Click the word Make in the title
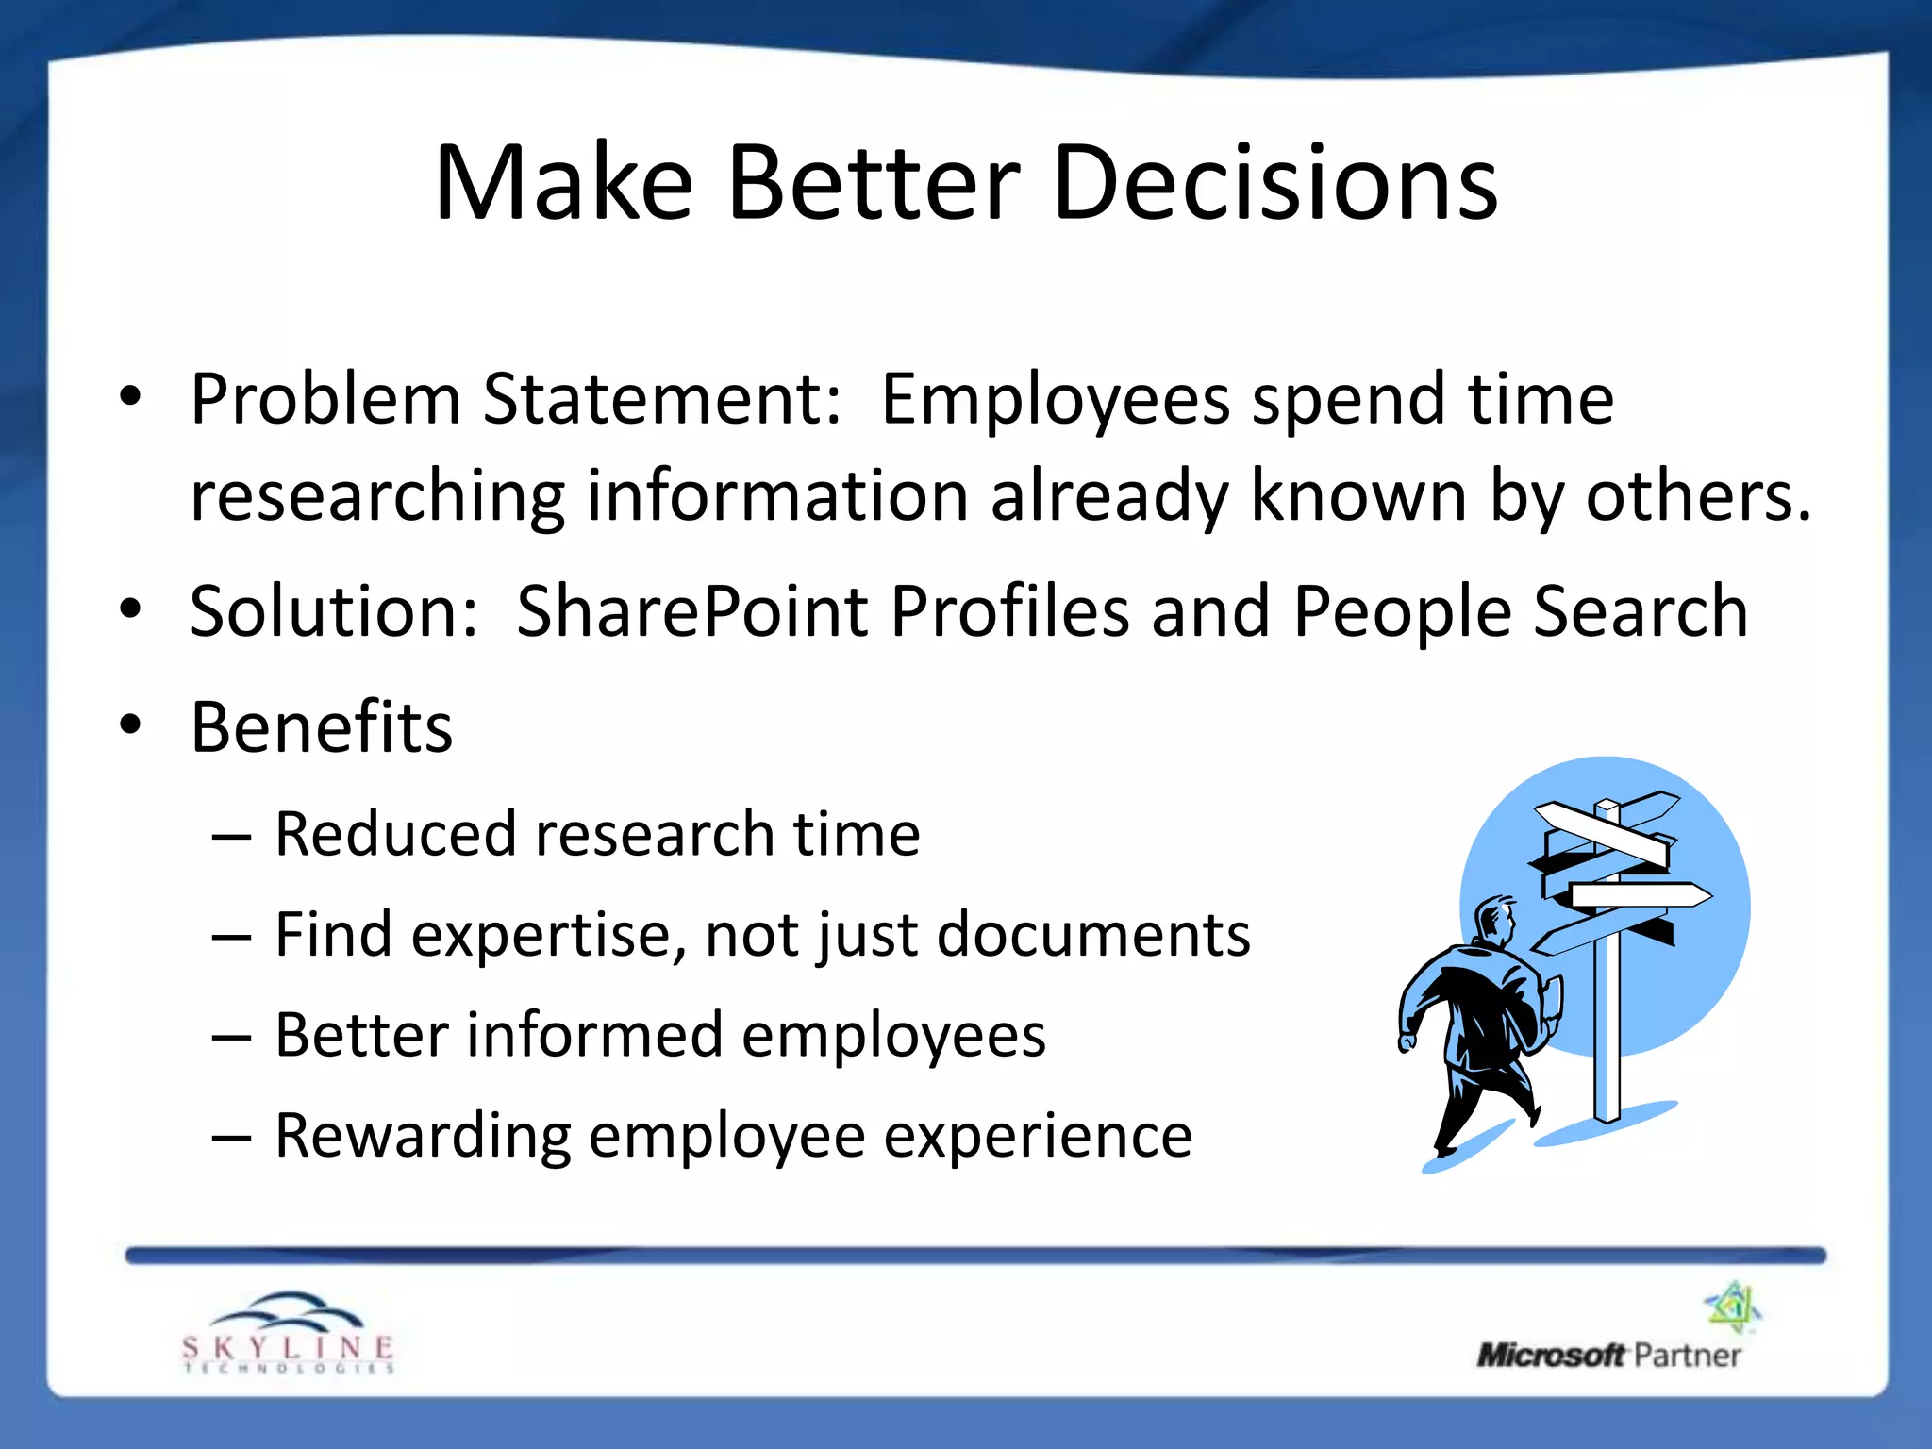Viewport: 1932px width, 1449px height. [563, 184]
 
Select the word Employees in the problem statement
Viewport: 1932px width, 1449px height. [1055, 399]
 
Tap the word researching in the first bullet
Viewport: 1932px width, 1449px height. [377, 497]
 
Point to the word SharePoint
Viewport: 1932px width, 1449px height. [691, 612]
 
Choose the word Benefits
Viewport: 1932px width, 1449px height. [322, 728]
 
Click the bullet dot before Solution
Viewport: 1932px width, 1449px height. [131, 609]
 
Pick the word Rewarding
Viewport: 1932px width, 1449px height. [422, 1136]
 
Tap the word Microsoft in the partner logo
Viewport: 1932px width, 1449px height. [1550, 1356]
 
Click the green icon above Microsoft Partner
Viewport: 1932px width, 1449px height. [1733, 1307]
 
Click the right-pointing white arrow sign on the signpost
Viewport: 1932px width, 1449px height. [1641, 895]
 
